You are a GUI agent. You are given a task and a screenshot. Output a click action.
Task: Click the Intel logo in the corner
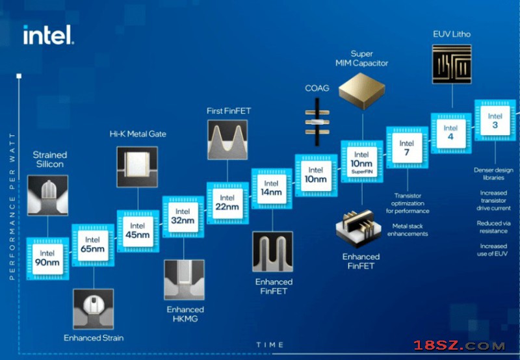48,34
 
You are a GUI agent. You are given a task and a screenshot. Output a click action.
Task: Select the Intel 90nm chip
47,258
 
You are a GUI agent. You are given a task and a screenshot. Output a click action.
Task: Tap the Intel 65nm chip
92,244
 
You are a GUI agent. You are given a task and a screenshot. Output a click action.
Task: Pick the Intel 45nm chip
138,230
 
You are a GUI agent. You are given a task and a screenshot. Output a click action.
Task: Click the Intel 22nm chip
227,202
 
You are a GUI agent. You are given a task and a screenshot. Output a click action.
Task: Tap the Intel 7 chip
406,148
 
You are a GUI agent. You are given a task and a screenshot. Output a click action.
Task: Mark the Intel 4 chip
450,133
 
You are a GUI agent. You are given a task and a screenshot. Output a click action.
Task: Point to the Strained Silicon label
49,160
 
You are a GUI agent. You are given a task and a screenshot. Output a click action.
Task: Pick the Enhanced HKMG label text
185,315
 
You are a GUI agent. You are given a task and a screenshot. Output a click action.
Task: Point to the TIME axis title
270,344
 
